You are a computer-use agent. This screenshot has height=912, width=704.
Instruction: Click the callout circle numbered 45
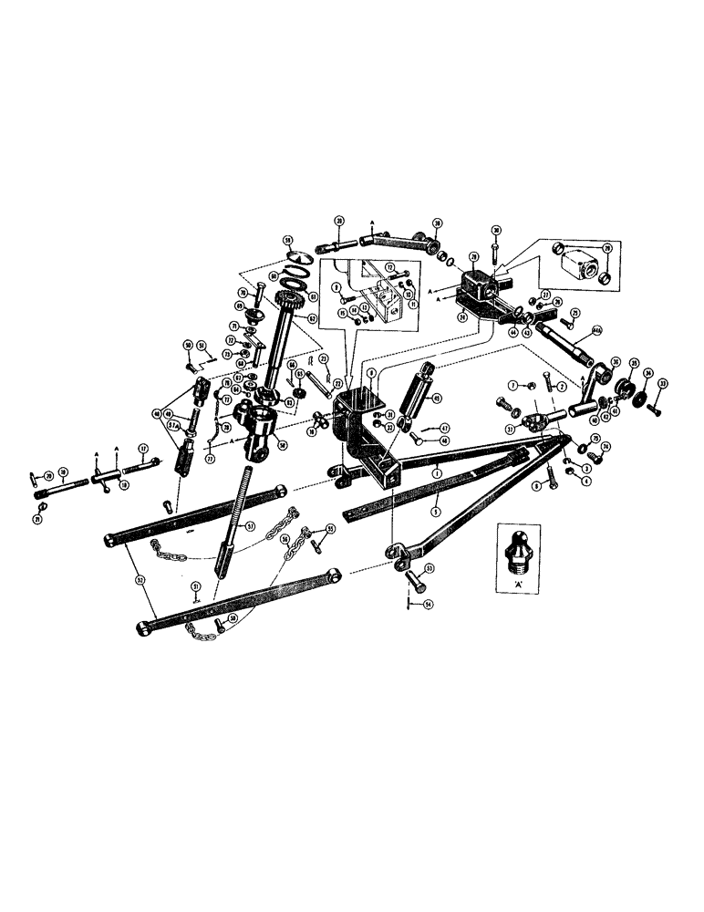(x=436, y=398)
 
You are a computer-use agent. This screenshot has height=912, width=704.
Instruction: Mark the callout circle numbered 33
(x=663, y=384)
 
